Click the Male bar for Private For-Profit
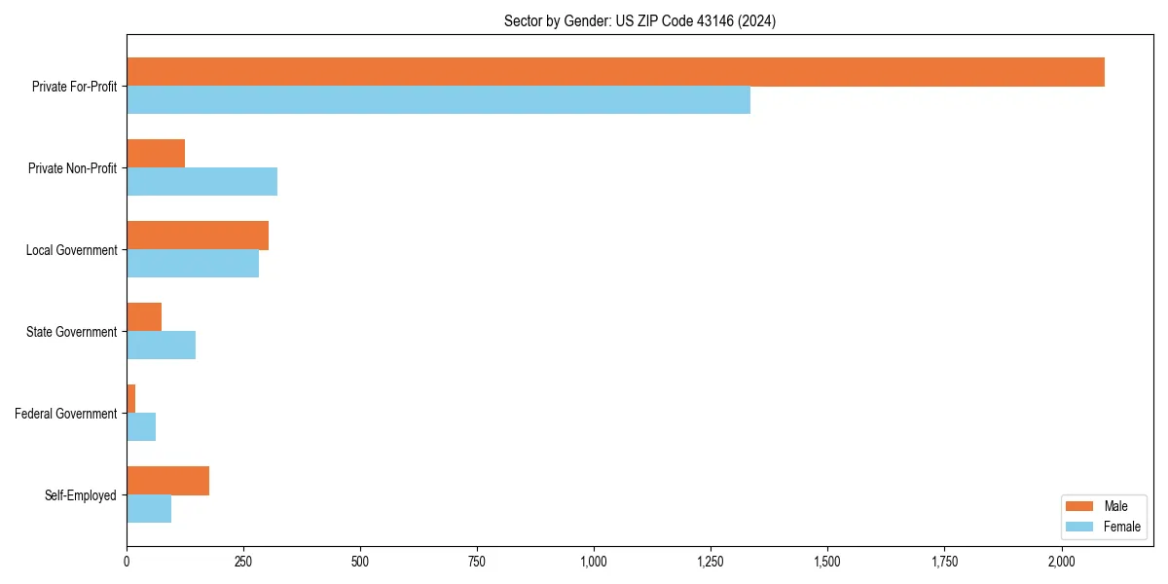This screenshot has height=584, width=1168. [615, 72]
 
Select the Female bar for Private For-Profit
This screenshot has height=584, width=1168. [438, 100]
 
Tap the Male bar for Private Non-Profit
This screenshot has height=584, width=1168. [156, 154]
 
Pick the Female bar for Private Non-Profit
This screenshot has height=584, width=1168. [201, 182]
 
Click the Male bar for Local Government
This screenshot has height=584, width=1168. [198, 236]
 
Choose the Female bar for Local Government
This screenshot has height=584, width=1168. [193, 264]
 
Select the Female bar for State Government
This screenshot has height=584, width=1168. [161, 346]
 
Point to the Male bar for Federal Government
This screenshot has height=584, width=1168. [131, 399]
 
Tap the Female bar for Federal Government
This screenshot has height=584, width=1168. [141, 427]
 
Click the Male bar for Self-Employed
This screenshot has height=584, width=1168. [167, 481]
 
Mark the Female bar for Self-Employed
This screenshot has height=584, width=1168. [149, 509]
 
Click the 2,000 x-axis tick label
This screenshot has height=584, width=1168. [1061, 562]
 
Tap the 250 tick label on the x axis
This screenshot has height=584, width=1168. [243, 562]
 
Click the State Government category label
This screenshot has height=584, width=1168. [71, 332]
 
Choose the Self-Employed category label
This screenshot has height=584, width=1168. [81, 495]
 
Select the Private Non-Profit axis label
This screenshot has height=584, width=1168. [72, 168]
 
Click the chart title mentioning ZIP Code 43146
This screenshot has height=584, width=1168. [639, 20]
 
